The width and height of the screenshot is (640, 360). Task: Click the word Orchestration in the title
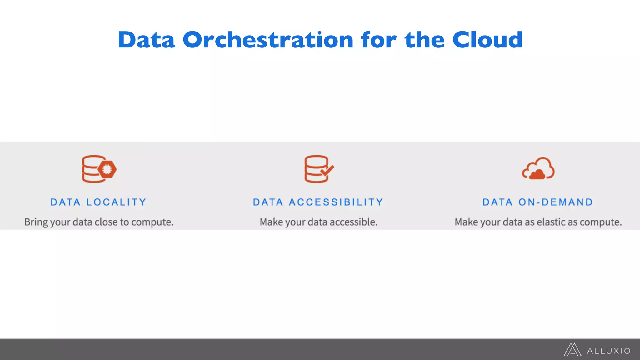tap(268, 40)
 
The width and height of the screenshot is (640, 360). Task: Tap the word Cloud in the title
tap(487, 40)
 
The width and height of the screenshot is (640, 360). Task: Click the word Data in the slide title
tap(146, 40)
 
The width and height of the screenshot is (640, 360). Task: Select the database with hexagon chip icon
tap(99, 169)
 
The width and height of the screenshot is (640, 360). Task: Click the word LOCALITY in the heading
tap(116, 202)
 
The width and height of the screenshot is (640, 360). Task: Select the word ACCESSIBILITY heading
tap(336, 202)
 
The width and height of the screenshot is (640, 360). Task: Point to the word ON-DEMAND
tap(556, 202)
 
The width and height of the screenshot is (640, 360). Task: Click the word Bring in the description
tap(36, 222)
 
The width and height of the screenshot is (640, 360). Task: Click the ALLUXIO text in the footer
tap(608, 351)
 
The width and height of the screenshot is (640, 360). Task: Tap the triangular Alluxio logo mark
tap(572, 350)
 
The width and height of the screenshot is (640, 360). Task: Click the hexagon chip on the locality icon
tap(107, 169)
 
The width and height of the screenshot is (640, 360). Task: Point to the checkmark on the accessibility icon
tap(327, 170)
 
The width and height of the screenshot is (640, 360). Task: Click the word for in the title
tap(378, 40)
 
